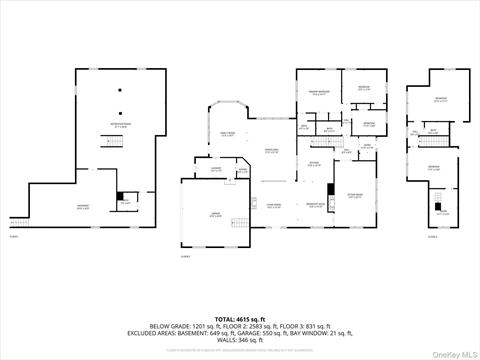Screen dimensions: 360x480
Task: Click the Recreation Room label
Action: point(120,125)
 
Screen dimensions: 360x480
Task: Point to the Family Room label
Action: point(227,134)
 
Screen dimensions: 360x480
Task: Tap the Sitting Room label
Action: point(355,197)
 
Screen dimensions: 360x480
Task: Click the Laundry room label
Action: point(216,169)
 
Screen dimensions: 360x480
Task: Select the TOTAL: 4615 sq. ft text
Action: point(240,317)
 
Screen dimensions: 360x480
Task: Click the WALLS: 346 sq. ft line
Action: point(240,341)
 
